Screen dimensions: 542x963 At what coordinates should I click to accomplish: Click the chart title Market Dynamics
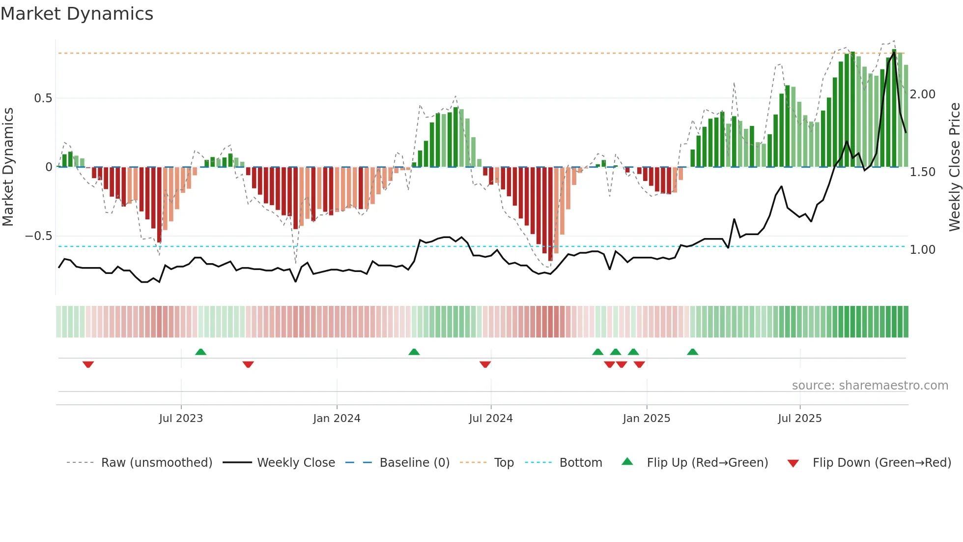pos(77,14)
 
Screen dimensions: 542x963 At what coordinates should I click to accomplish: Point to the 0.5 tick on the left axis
pos(43,98)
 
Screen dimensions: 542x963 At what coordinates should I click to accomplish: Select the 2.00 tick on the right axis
pos(922,94)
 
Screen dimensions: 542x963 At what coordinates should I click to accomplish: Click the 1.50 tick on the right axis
pos(922,172)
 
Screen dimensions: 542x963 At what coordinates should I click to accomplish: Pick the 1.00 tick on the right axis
pos(922,250)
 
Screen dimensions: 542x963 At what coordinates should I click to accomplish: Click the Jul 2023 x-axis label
pos(181,419)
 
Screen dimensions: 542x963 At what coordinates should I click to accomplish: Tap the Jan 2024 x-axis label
pos(337,419)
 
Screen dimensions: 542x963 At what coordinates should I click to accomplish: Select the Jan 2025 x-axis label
pos(646,419)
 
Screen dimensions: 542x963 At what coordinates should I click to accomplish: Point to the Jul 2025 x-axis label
pos(799,419)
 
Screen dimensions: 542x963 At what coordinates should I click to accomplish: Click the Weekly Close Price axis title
pos(954,167)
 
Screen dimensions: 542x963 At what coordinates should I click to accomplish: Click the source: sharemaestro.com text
pos(870,386)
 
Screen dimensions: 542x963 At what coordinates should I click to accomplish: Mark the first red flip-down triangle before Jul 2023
pos(88,364)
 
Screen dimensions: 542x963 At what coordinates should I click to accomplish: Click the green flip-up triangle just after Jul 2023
pos(200,352)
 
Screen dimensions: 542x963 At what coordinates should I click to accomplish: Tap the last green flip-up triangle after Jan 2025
pos(692,352)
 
